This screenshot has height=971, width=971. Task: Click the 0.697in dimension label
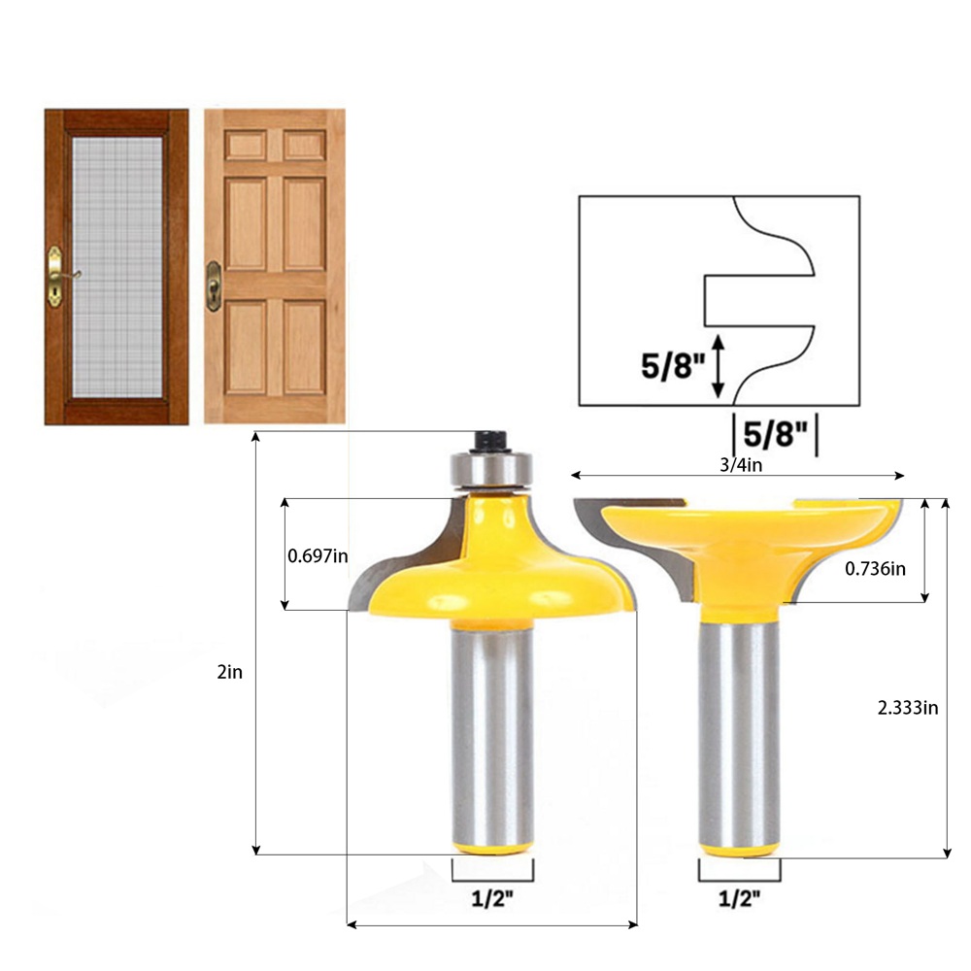pos(318,556)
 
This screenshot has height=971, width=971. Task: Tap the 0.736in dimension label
pos(875,568)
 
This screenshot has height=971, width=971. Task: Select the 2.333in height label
pos(907,707)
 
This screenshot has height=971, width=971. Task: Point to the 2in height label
pos(230,672)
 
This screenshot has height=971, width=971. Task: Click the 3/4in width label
pos(741,464)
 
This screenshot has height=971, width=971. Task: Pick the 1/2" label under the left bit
pos(493,898)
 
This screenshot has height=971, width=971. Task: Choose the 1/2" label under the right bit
pos(739,898)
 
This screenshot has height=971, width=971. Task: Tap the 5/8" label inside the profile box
pos(673,366)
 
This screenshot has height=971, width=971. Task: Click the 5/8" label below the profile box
pos(775,434)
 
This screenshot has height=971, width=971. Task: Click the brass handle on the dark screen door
pos(56,277)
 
